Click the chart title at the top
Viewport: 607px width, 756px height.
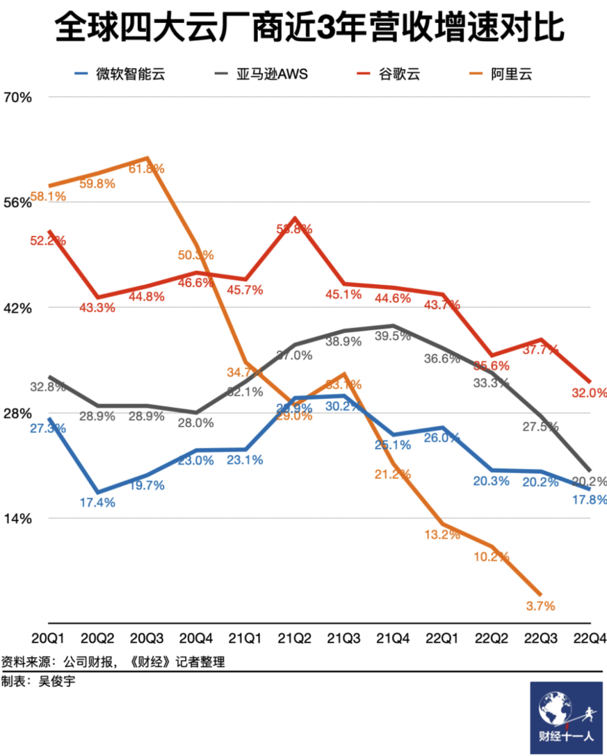(309, 28)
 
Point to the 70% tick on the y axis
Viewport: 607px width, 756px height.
(17, 98)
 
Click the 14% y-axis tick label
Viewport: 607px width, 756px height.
(17, 518)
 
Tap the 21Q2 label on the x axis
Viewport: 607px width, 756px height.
(295, 639)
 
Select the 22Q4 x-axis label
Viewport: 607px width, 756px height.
(590, 639)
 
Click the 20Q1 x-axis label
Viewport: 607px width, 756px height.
(48, 639)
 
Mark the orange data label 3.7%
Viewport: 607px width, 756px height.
(540, 606)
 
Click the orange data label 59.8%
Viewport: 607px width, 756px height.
(97, 184)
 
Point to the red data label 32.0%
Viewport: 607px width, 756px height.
(589, 393)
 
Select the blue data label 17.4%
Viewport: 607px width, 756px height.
(97, 503)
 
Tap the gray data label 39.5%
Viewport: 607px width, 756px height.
(392, 336)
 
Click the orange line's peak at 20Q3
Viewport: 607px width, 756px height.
(147, 158)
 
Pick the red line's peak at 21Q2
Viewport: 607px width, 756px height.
(295, 218)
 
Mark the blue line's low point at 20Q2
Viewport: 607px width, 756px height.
(98, 492)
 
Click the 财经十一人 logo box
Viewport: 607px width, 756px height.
(566, 717)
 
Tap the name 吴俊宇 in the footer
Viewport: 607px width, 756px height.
(57, 681)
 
